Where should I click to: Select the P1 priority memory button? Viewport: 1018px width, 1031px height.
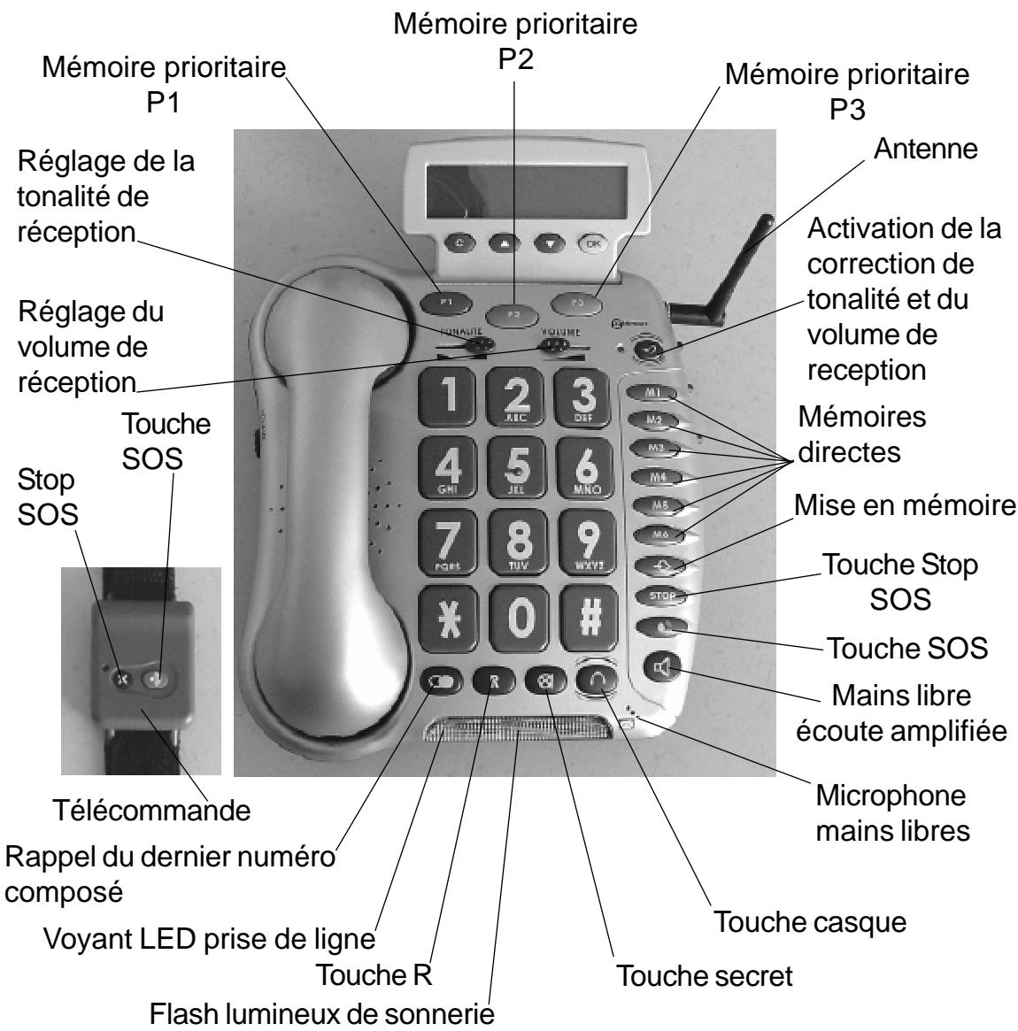(x=449, y=303)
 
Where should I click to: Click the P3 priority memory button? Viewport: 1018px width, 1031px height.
(x=577, y=303)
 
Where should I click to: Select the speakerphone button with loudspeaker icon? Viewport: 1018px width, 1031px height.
(x=660, y=665)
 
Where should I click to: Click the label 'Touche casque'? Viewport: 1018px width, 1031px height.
(x=810, y=922)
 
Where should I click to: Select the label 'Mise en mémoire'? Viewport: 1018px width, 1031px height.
(x=902, y=507)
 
